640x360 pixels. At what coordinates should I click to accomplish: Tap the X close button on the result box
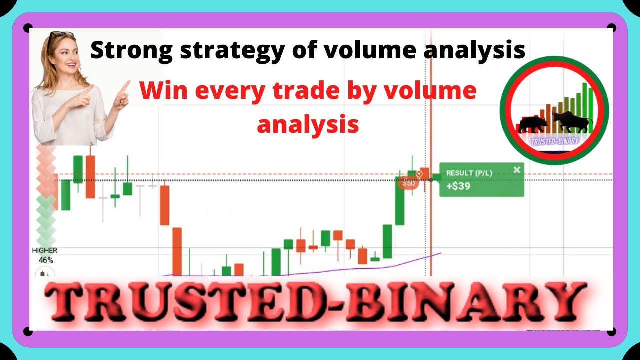click(517, 170)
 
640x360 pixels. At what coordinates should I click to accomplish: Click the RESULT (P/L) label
click(469, 173)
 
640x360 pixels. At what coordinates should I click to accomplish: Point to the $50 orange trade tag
click(409, 183)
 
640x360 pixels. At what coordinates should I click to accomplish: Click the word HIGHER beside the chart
click(44, 250)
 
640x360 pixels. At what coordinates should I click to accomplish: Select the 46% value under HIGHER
click(46, 260)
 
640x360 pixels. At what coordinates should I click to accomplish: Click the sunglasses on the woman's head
click(61, 36)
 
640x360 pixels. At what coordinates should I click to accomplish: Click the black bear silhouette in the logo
click(532, 124)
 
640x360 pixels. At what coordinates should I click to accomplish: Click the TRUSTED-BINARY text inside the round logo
click(554, 141)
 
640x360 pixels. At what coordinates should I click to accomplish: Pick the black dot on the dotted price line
click(431, 179)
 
